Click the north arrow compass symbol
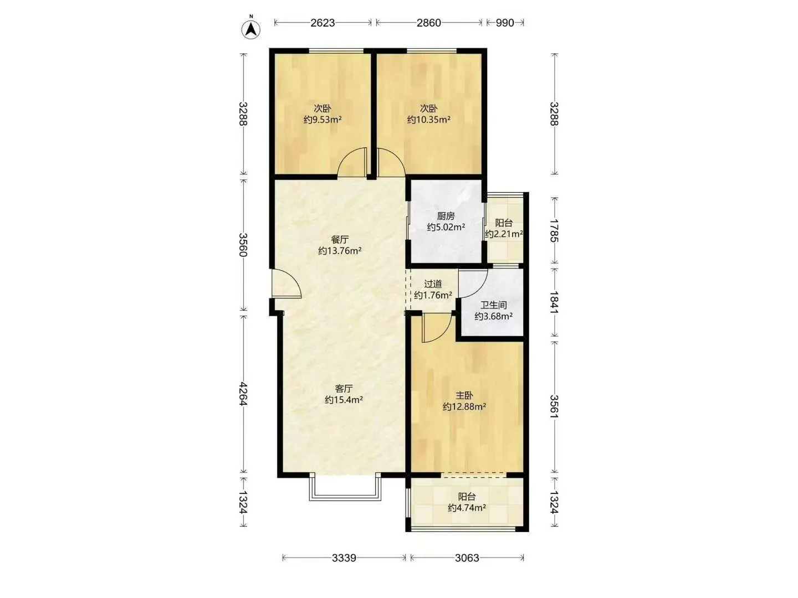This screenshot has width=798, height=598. (x=251, y=29)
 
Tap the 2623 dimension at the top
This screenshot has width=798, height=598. (x=323, y=23)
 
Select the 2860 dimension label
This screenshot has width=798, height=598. (x=428, y=23)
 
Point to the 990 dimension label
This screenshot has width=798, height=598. (x=505, y=23)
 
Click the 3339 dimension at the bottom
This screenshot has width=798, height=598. (x=344, y=558)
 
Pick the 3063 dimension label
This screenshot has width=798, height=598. (x=467, y=558)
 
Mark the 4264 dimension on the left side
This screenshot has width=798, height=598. (x=243, y=394)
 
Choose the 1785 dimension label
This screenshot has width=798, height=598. (x=554, y=230)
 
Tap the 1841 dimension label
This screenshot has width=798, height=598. (x=554, y=302)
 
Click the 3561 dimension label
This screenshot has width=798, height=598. (x=554, y=406)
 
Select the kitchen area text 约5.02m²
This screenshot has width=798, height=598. (x=446, y=227)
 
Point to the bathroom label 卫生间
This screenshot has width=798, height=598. (x=493, y=305)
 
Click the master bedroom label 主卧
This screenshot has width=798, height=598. (x=464, y=395)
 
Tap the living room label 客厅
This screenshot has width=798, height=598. (x=344, y=389)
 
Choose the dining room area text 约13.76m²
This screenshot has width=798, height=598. (x=340, y=250)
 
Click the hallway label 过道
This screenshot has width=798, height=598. (x=433, y=283)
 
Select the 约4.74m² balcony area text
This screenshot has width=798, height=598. (x=467, y=508)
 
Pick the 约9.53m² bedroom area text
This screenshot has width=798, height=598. (x=323, y=120)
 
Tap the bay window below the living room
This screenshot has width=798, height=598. (x=345, y=487)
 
